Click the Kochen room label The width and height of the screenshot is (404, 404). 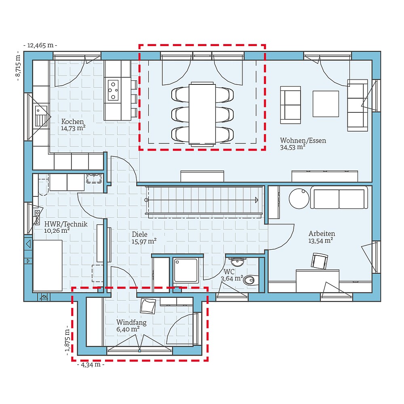tap(72, 122)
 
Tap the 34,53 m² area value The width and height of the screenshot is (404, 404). tap(292, 147)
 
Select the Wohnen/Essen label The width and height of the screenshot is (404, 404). tap(303, 141)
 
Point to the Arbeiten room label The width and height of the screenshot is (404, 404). tap(322, 234)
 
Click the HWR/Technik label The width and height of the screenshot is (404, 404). tap(66, 224)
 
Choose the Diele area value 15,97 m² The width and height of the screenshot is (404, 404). tap(144, 241)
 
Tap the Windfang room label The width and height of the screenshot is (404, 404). tap(131, 322)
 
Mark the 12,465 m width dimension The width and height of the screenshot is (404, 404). tap(40, 45)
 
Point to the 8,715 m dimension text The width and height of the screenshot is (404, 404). tap(18, 66)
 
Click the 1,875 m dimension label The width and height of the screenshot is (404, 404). tap(68, 341)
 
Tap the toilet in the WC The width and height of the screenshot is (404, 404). tap(250, 279)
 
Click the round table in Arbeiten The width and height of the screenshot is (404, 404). tap(299, 199)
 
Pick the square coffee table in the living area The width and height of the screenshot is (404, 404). tap(325, 104)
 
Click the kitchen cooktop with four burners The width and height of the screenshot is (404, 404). tap(113, 90)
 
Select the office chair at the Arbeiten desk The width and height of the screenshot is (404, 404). tap(320, 261)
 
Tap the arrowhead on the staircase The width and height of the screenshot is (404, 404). tap(256, 200)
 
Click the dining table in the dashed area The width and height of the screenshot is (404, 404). tap(202, 113)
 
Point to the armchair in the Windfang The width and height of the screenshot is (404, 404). tap(147, 306)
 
